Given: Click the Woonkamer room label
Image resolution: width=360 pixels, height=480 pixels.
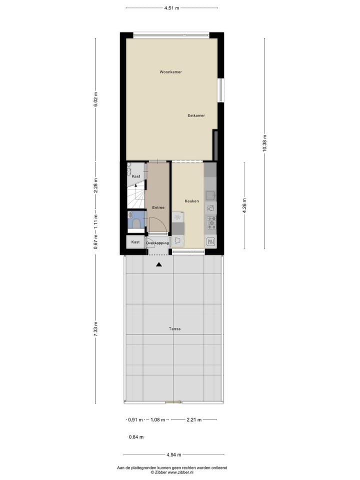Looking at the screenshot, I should (x=170, y=72).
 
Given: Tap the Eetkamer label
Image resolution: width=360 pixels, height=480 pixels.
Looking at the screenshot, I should (x=196, y=115).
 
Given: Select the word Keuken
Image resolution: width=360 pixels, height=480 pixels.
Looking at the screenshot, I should (x=191, y=201).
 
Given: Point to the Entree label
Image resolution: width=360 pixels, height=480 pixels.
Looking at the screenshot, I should (x=158, y=207).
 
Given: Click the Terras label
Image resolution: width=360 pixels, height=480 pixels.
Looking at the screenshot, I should (x=174, y=329).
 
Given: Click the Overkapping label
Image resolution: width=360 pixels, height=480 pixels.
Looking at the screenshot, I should (x=157, y=242).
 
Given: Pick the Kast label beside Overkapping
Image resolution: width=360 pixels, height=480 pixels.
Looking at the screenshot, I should (x=135, y=242).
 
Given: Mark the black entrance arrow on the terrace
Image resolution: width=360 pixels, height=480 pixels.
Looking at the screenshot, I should (x=159, y=264).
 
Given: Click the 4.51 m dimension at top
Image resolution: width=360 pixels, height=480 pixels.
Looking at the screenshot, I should (x=171, y=8).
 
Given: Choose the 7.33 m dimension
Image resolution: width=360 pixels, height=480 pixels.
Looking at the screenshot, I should (x=95, y=329).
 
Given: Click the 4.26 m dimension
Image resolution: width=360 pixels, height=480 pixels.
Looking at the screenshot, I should (x=244, y=205).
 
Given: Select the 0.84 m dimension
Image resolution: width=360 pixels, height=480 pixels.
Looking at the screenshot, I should (x=136, y=437).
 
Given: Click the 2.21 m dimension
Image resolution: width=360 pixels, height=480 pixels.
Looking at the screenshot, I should (x=194, y=420).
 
